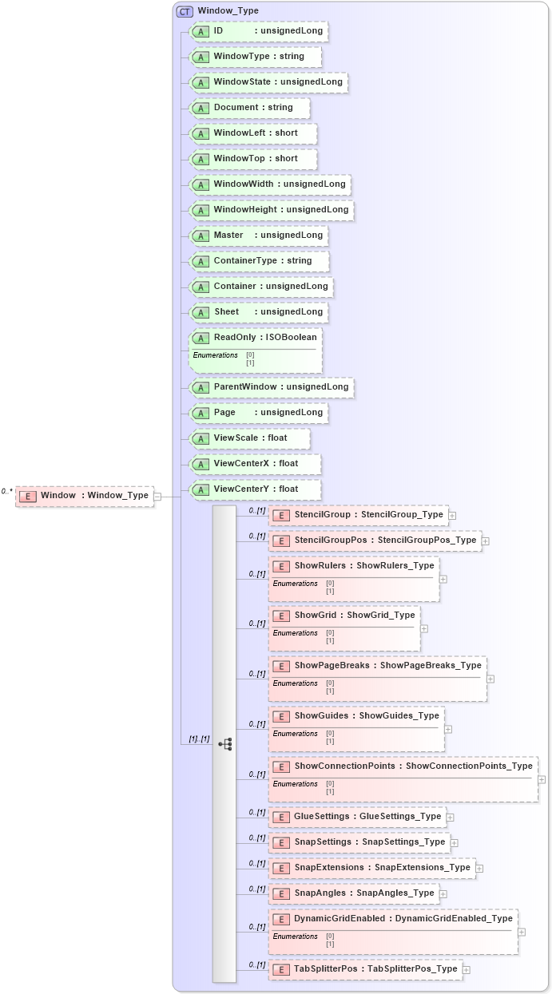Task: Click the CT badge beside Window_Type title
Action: tap(185, 11)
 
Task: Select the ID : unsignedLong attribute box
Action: tap(259, 31)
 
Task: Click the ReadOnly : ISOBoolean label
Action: tap(264, 338)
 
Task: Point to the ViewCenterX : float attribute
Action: tap(256, 464)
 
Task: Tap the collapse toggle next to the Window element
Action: tap(157, 496)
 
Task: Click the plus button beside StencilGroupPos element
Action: tap(485, 541)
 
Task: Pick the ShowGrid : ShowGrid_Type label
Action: tap(354, 616)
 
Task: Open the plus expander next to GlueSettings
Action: tap(451, 817)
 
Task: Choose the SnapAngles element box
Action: tap(354, 893)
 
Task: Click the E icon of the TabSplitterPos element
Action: tap(280, 969)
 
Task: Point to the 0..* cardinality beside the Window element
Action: tap(7, 492)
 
